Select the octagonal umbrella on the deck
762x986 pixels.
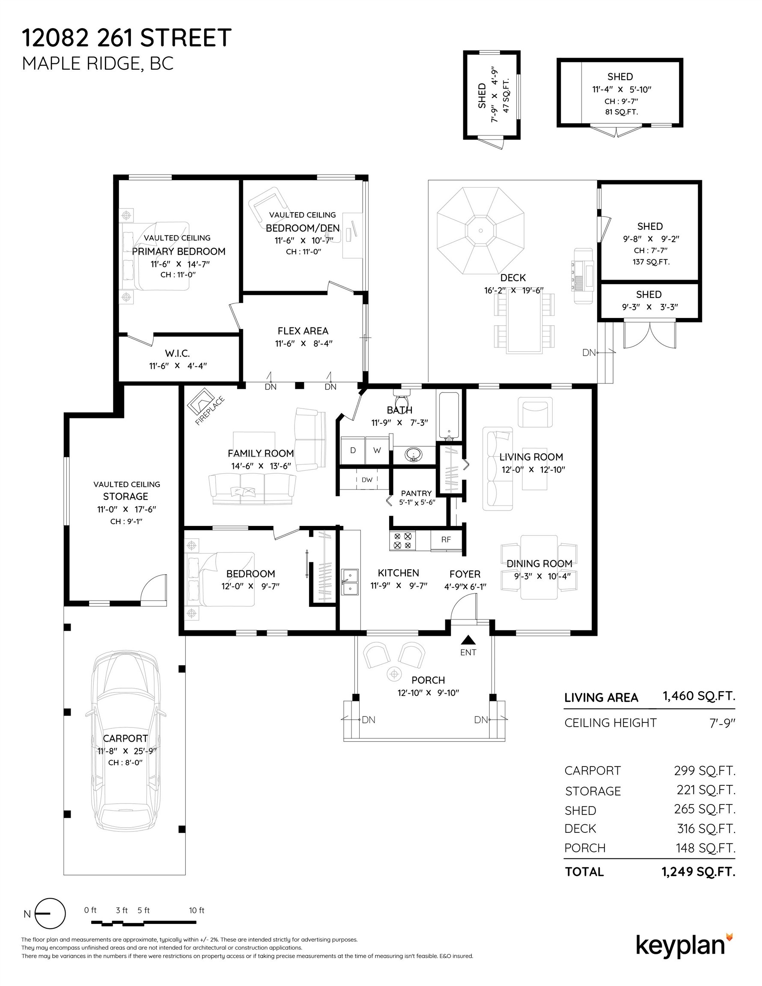481,231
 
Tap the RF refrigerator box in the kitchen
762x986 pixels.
446,540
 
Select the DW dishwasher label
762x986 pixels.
367,480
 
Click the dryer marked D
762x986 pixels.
353,450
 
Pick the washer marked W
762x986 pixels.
377,450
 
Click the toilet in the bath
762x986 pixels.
401,399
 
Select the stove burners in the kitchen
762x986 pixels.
403,541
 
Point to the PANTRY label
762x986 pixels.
417,493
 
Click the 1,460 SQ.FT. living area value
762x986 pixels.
699,696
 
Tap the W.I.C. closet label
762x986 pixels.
178,353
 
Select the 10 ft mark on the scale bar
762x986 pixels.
196,910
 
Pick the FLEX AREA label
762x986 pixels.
303,331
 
